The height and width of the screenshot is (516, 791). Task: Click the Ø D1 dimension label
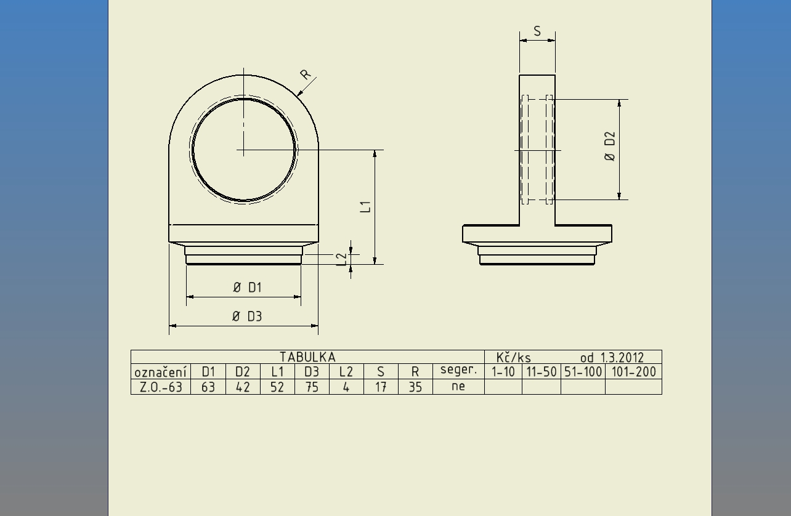(248, 288)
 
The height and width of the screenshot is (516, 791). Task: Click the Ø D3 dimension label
(247, 316)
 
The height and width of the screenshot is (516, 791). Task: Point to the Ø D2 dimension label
(610, 147)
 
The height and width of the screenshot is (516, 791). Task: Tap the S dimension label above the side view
(537, 31)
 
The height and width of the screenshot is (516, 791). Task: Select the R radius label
(305, 74)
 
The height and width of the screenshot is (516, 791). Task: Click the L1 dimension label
(365, 207)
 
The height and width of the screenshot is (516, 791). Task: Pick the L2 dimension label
(342, 260)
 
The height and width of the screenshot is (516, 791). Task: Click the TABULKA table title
(307, 357)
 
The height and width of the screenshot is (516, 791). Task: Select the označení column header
(160, 373)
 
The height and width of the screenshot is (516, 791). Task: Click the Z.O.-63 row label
(161, 387)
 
